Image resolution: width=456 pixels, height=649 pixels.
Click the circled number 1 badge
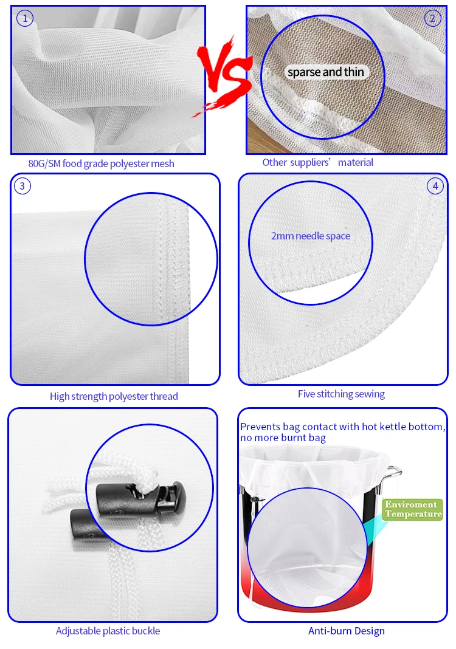click(x=25, y=19)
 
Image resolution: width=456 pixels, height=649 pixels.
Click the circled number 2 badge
click(x=432, y=18)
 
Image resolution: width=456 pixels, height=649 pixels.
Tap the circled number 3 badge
click(x=22, y=186)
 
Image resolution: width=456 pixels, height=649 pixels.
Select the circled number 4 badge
click(x=435, y=186)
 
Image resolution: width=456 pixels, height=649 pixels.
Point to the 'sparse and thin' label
click(x=326, y=72)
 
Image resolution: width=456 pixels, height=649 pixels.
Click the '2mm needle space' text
click(x=311, y=236)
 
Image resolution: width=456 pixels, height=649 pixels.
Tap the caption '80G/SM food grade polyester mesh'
click(x=101, y=163)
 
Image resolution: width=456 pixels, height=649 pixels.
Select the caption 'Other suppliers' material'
click(x=318, y=162)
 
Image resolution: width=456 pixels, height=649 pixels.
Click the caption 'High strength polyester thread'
click(x=114, y=396)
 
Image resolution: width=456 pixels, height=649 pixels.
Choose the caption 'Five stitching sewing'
click(x=341, y=394)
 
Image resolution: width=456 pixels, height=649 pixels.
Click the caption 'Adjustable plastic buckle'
click(x=108, y=631)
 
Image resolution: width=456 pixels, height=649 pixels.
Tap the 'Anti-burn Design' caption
click(x=346, y=631)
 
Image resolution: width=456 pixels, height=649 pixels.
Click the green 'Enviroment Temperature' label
click(x=413, y=509)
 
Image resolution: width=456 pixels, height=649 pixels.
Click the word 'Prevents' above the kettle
click(x=259, y=427)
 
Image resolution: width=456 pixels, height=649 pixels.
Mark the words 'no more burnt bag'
click(x=283, y=438)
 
